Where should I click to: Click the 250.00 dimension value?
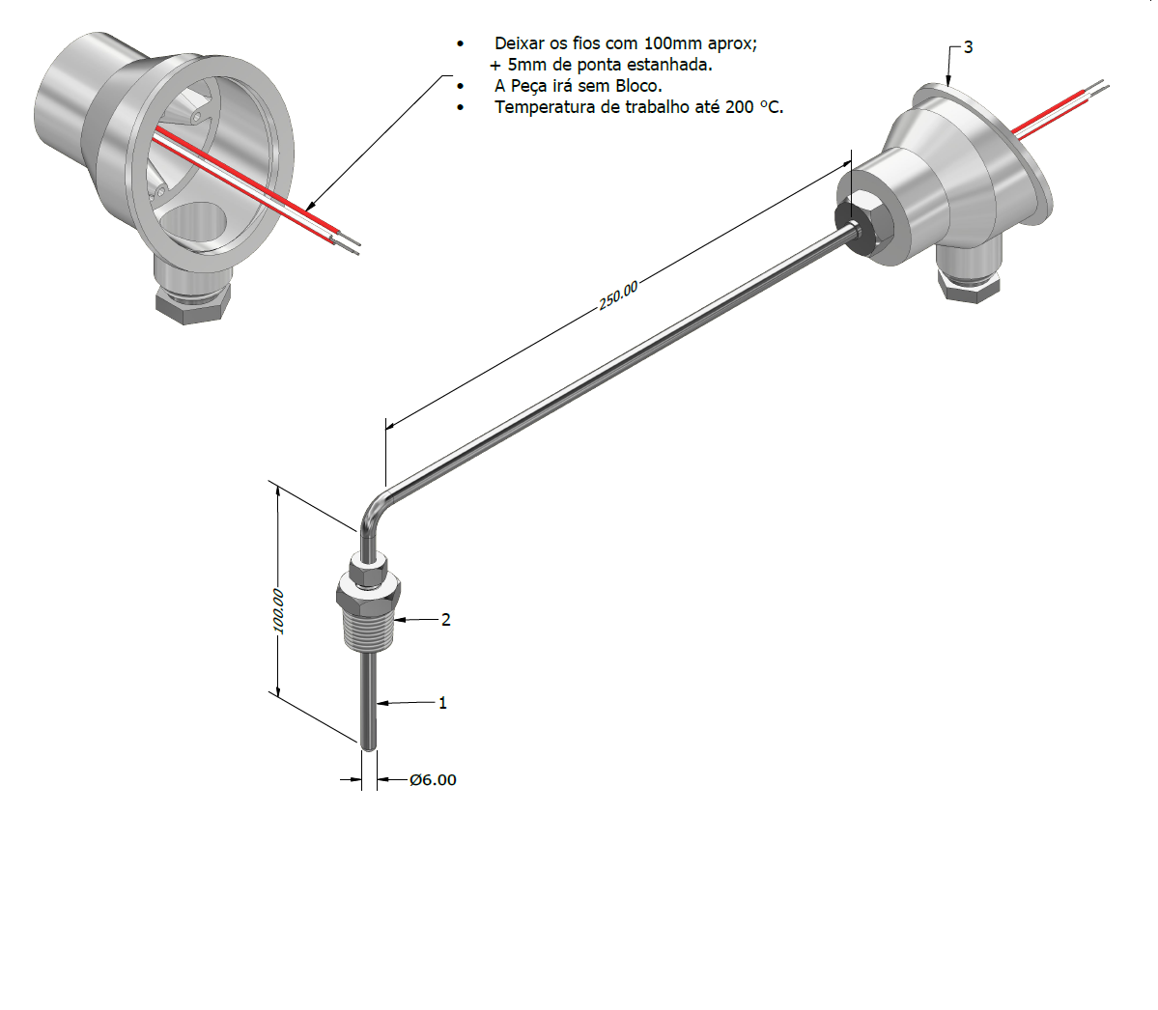tap(618, 296)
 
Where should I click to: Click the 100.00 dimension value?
tap(278, 611)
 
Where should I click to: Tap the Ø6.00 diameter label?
tap(433, 779)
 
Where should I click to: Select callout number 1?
tap(442, 703)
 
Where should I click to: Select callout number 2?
tap(445, 620)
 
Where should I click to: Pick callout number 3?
tap(968, 47)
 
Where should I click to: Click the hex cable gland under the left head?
tap(192, 301)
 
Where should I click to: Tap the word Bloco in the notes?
tap(636, 86)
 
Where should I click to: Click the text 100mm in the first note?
tap(673, 43)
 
